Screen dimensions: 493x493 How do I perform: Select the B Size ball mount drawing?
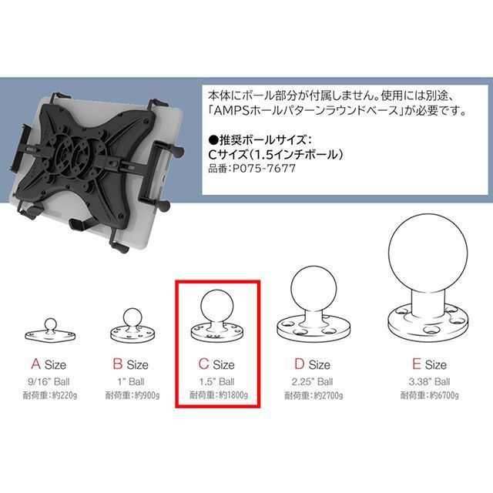tap(132, 326)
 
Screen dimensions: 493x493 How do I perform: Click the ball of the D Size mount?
tap(314, 290)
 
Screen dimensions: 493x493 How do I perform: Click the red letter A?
tap(36, 364)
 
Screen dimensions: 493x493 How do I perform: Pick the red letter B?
tap(118, 364)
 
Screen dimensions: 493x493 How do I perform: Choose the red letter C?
tap(203, 364)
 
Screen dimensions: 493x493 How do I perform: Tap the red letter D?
tap(300, 364)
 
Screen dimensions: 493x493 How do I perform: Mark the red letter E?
tap(416, 364)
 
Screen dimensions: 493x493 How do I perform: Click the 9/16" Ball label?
tap(49, 382)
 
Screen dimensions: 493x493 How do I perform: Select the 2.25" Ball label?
tap(312, 382)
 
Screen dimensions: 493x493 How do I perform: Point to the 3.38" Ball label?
tap(429, 382)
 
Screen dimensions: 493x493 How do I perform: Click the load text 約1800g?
tap(233, 395)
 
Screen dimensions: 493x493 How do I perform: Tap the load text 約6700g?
tap(444, 395)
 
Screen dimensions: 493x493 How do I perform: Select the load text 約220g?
tap(64, 395)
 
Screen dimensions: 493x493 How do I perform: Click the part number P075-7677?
tap(264, 169)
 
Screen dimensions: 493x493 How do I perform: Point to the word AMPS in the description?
tap(232, 111)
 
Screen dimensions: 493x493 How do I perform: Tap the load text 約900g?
tap(147, 395)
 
